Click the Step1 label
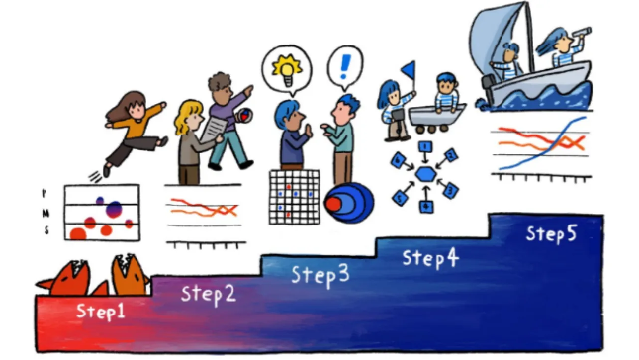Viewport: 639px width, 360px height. coord(102,311)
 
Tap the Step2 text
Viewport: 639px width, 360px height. coord(208,293)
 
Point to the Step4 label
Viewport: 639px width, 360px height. coord(430,258)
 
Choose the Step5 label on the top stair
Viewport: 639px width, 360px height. coord(552,233)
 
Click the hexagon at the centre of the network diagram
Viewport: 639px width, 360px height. coord(425,173)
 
